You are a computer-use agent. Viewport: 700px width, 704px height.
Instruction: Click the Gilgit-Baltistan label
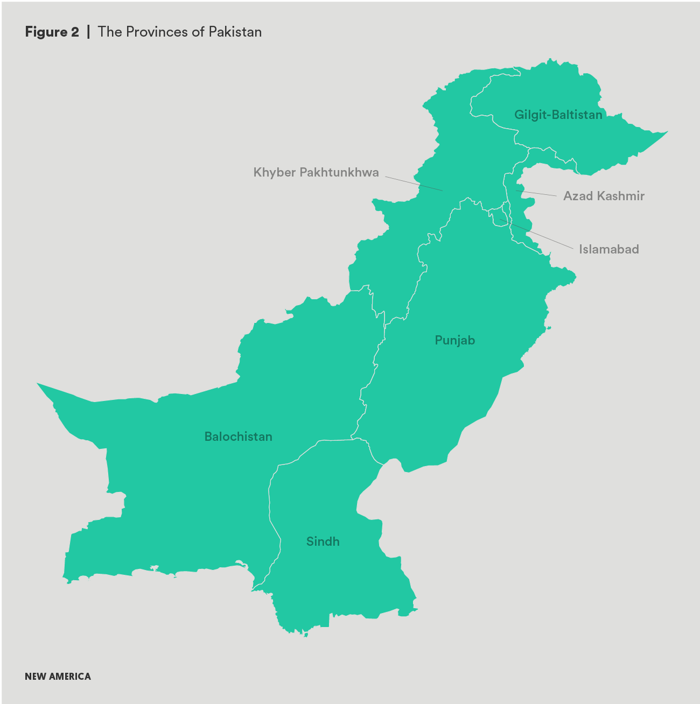coord(558,115)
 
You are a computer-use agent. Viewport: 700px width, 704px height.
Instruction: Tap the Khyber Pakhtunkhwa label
coord(316,173)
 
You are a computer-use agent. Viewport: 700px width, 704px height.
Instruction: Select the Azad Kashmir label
coord(604,196)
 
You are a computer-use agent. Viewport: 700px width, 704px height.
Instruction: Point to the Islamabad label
coord(609,249)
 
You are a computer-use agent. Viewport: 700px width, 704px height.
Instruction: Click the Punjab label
coord(455,340)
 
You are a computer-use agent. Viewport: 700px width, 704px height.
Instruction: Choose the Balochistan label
coord(238,437)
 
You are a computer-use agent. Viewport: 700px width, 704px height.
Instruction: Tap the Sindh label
coord(323,541)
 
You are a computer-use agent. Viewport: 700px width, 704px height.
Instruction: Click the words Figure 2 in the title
coord(52,32)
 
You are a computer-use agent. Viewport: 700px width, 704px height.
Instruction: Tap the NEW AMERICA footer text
coord(58,677)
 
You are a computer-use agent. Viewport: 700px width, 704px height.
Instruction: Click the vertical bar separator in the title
coord(88,32)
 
